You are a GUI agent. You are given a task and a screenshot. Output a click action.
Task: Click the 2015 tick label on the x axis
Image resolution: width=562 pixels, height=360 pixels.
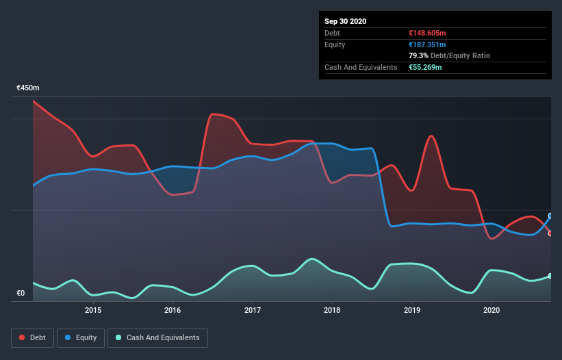click(x=93, y=310)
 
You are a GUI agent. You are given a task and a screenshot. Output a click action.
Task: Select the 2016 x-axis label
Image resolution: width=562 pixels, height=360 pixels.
click(x=173, y=310)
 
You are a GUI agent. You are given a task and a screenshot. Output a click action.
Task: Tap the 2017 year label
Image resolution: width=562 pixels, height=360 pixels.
click(x=253, y=310)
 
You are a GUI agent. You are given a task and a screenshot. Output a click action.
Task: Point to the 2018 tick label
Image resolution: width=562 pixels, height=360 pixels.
click(x=332, y=310)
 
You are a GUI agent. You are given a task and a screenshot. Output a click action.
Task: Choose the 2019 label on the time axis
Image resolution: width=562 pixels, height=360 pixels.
click(x=412, y=310)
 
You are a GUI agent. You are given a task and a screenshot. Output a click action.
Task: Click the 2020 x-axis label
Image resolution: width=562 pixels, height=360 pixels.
click(x=491, y=310)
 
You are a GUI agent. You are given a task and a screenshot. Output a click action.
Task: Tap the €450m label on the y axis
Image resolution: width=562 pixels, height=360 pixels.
click(x=28, y=88)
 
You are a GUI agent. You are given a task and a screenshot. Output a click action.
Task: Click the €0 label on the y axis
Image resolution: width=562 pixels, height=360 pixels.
click(x=21, y=294)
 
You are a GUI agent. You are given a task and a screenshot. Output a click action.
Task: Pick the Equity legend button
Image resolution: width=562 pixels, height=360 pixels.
click(x=81, y=337)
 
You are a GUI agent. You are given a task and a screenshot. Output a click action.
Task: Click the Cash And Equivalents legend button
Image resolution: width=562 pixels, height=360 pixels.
click(x=157, y=337)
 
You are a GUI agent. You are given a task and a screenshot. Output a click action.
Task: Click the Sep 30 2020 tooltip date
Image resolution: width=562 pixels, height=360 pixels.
click(x=345, y=21)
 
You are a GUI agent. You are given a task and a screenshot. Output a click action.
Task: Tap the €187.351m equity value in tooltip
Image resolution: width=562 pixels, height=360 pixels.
click(x=426, y=44)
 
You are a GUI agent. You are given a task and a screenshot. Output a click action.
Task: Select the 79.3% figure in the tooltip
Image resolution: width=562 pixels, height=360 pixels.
click(x=415, y=55)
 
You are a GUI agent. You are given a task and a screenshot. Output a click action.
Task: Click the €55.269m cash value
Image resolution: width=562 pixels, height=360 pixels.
click(x=424, y=67)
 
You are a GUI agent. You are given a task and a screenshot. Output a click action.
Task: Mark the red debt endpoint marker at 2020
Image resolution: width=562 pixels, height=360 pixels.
click(x=550, y=233)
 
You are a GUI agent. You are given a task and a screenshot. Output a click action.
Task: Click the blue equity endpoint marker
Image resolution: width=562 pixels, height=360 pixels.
click(x=550, y=216)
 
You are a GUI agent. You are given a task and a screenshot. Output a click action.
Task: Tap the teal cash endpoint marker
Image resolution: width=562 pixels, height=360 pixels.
click(x=550, y=276)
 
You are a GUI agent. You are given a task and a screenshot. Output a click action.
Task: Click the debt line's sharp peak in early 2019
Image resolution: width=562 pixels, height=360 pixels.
click(x=431, y=136)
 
